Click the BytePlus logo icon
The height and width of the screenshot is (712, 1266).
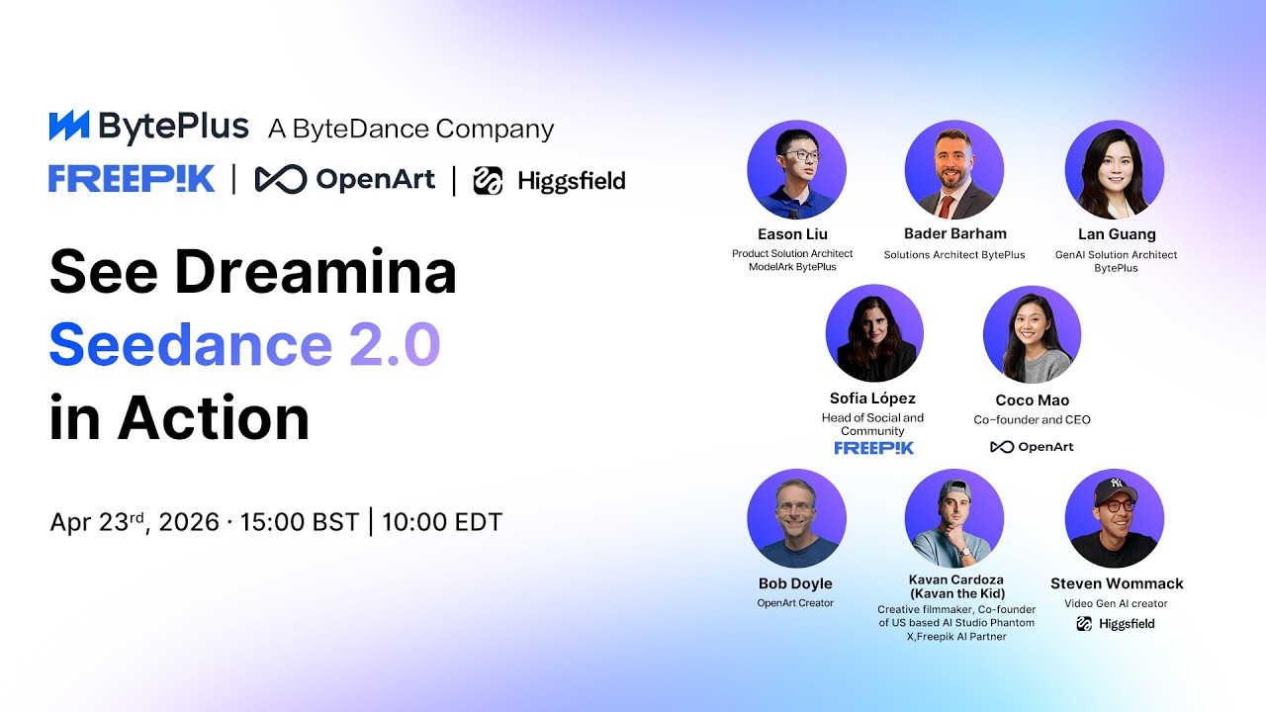coord(69,127)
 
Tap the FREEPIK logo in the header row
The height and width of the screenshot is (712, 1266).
coord(132,179)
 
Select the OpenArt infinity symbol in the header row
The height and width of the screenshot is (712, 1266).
coord(281,179)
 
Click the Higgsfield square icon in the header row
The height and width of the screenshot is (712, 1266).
coord(488,180)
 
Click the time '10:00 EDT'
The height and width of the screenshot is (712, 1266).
coord(442,522)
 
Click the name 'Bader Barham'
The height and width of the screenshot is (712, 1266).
coord(954,233)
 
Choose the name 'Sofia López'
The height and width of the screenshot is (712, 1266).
coord(872,399)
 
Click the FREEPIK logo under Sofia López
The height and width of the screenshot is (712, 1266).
coord(874,448)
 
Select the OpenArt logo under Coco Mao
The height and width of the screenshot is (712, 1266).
coord(1032,447)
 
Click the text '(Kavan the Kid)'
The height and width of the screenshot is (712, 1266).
coord(956,593)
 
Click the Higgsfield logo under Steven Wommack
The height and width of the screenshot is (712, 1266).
coord(1115,624)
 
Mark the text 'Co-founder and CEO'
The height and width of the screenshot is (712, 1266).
coord(1032,420)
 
